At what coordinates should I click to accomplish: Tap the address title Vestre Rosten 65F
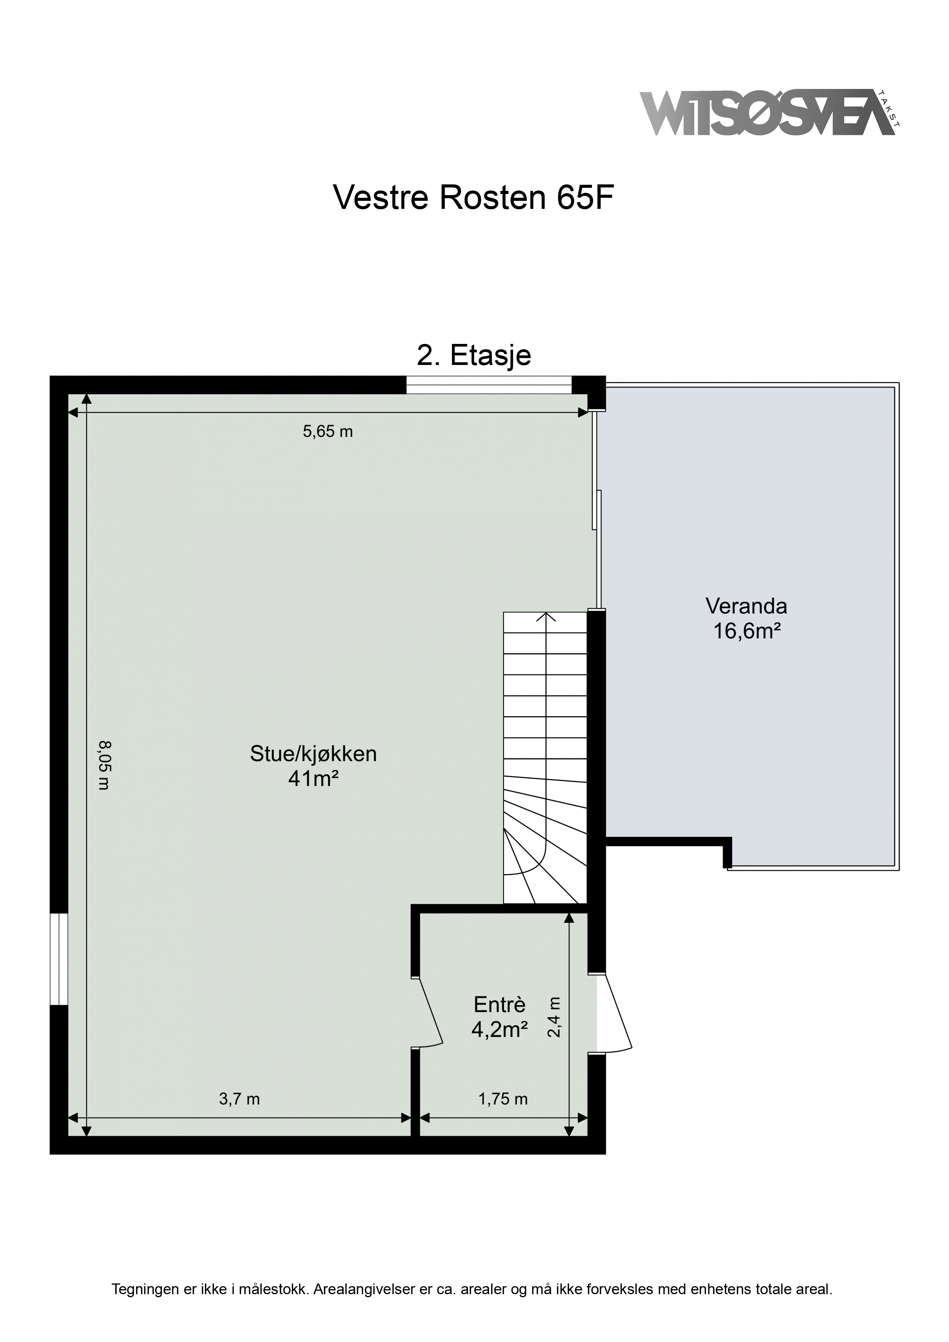474,197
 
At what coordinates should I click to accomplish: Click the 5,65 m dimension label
328,432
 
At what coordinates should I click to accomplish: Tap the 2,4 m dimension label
554,1017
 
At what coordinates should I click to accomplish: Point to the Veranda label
747,606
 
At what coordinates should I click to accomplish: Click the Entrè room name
500,1004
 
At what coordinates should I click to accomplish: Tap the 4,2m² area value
500,1029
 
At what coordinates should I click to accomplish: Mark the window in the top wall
489,384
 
